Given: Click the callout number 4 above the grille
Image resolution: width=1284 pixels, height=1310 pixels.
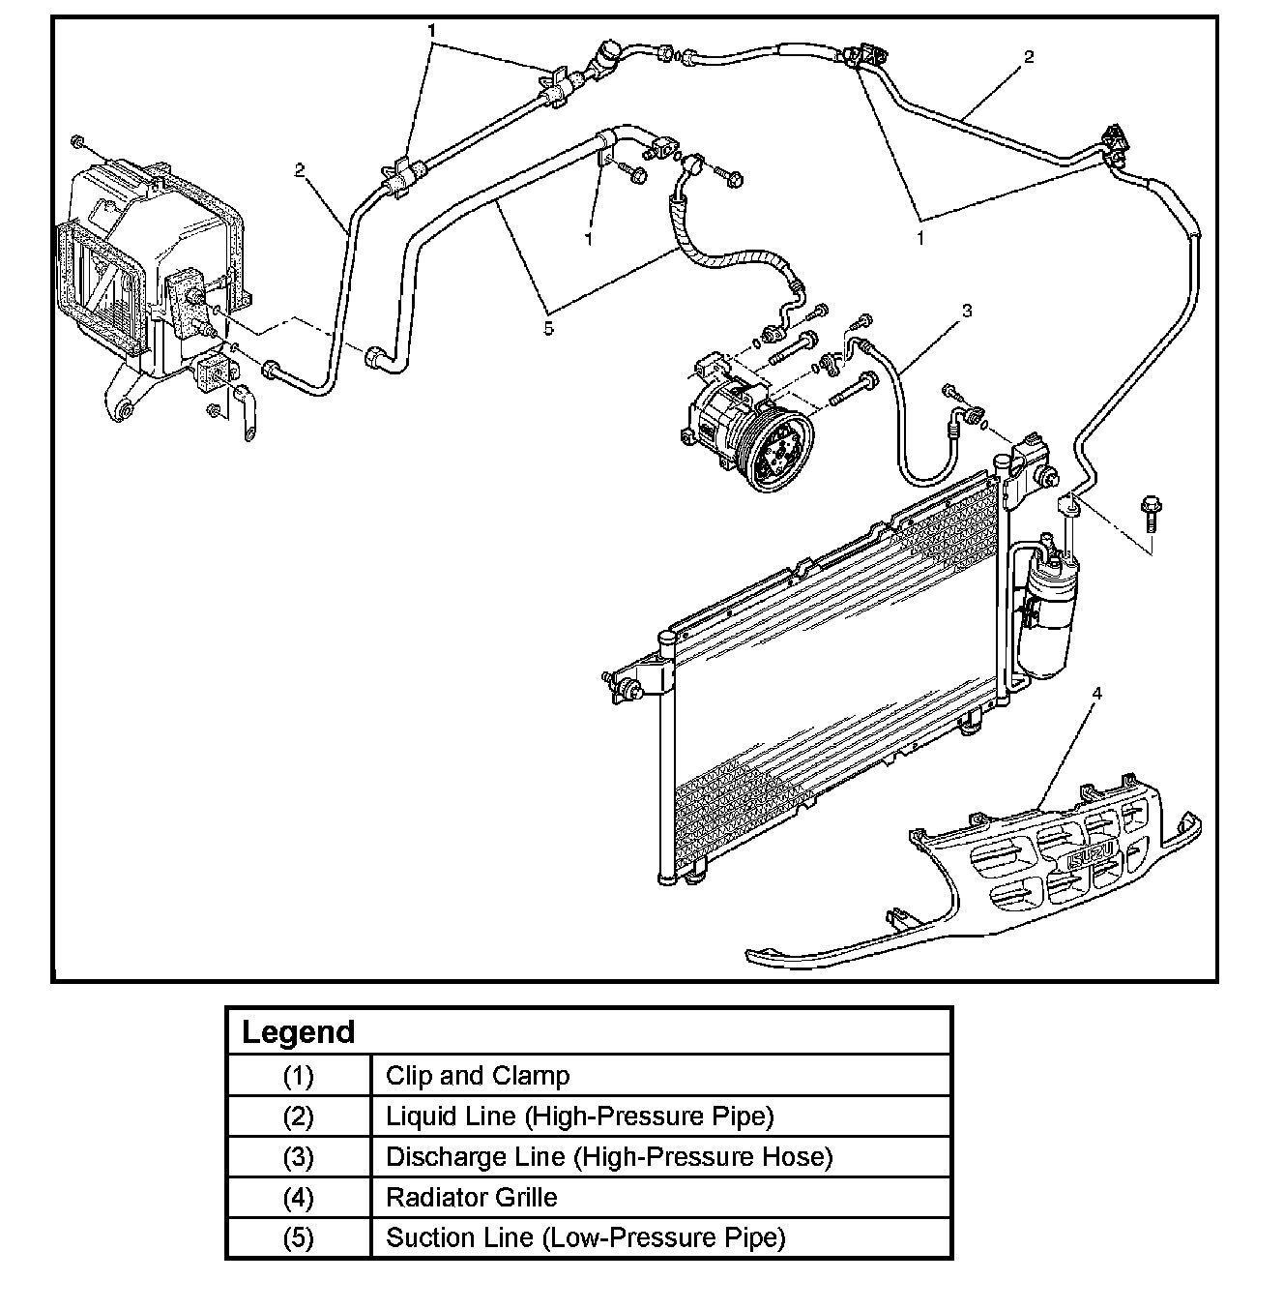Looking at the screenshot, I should [1096, 693].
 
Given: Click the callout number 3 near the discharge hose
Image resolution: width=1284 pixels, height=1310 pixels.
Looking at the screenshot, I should [966, 311].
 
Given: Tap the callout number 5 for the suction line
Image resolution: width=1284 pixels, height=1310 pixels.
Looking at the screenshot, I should [548, 328].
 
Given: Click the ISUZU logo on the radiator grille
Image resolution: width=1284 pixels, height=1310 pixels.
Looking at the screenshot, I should [1093, 853].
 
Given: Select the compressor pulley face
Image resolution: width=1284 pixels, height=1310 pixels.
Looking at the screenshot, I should [777, 452].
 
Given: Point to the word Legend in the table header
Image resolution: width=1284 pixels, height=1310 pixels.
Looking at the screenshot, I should [298, 1031].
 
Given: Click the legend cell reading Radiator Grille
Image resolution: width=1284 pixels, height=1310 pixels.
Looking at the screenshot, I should [471, 1198].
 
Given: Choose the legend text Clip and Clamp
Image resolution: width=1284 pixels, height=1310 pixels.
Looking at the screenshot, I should [478, 1076].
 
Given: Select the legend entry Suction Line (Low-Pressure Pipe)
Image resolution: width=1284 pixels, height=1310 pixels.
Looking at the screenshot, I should [585, 1237].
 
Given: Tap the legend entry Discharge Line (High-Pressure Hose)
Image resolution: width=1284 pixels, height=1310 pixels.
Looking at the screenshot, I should [609, 1157].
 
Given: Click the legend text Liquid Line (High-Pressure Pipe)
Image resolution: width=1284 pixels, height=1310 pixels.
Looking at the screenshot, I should [580, 1116].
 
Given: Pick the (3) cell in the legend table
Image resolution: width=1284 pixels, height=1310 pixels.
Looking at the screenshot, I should [298, 1157].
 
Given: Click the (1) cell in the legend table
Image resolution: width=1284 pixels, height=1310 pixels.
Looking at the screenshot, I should [298, 1076].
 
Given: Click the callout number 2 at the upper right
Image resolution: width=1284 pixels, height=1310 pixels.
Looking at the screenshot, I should [1029, 57].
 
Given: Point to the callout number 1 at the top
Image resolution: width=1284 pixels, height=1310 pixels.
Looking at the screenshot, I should [432, 31].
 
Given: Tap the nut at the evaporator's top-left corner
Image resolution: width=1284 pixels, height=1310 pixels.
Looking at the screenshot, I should [78, 143].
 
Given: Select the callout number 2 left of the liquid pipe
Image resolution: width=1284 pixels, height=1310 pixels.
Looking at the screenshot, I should [300, 170].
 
